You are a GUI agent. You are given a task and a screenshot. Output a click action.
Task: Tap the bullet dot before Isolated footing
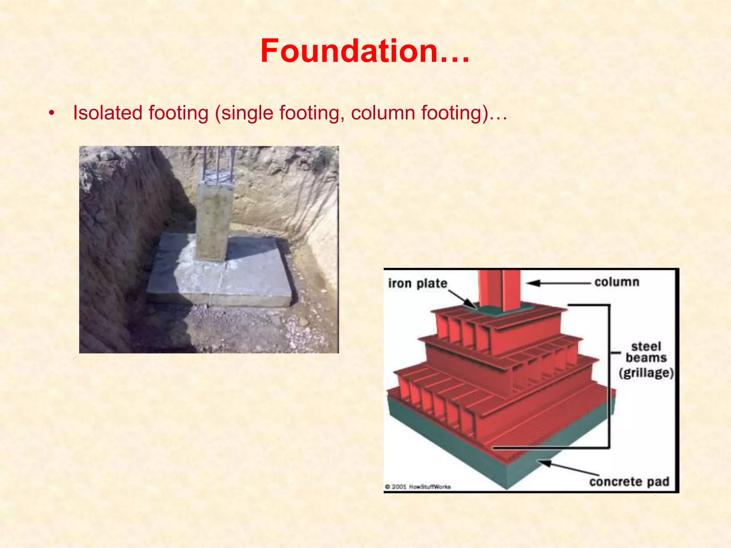pos(52,113)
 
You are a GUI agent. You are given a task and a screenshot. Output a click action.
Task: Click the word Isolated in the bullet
pos(107,113)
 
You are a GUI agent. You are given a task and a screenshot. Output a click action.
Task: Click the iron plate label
pos(418,283)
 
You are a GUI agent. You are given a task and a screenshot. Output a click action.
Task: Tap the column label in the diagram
pos(617,282)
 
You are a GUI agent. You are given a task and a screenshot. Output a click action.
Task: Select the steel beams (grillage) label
pos(646,359)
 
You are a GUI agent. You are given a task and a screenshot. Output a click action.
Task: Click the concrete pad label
pos(629,482)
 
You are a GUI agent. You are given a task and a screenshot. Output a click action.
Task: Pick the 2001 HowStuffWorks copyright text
pos(418,487)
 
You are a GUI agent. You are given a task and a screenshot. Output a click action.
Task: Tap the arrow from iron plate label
pos(462,299)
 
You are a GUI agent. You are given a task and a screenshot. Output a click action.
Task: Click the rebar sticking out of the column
pos(218,164)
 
